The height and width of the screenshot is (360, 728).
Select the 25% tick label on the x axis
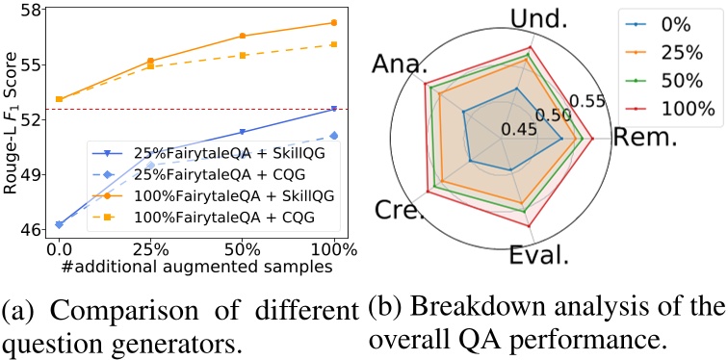click(149, 248)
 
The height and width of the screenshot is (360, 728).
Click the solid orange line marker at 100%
click(333, 22)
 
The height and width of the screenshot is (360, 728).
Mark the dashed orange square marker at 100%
click(333, 44)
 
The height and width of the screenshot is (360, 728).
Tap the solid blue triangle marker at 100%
click(333, 109)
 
